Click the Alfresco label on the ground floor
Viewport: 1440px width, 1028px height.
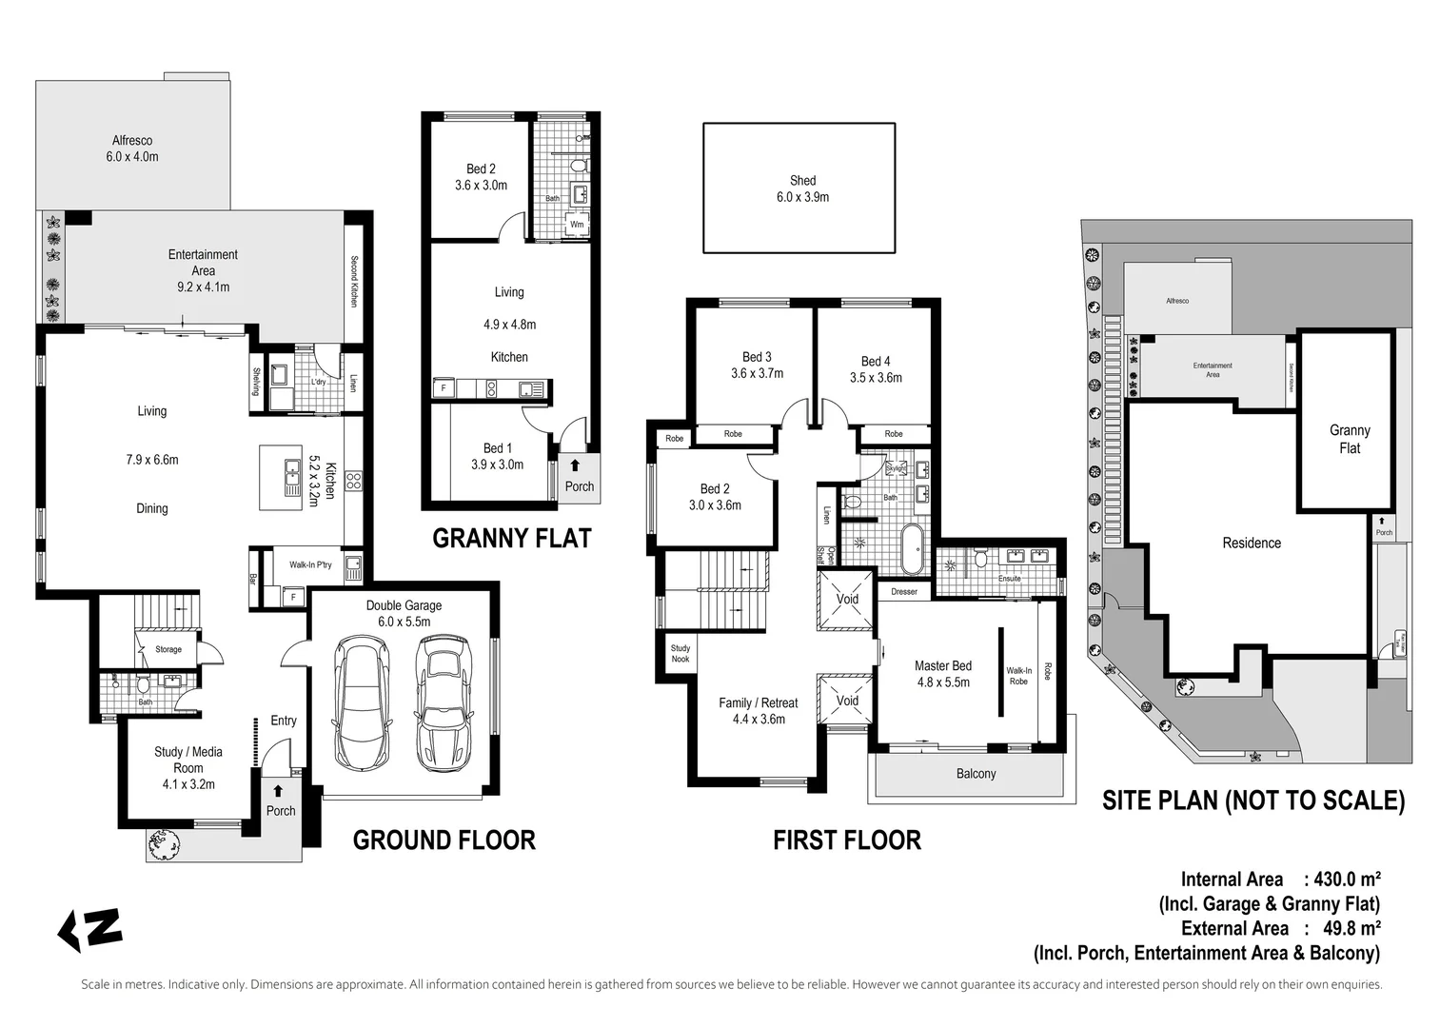pos(132,141)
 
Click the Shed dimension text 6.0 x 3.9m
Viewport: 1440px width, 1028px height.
pos(802,197)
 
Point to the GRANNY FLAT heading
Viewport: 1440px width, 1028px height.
pos(511,539)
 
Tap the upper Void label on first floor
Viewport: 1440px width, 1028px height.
pos(847,599)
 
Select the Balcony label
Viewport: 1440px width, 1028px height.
pos(976,773)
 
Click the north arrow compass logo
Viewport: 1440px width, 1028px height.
pos(90,930)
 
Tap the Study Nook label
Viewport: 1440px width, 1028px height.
pos(680,654)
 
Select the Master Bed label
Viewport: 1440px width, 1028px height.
pos(942,665)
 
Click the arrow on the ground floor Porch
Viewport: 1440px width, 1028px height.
pos(278,791)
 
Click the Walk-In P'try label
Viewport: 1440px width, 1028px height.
pos(310,565)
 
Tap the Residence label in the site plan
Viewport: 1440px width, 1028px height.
pos(1251,543)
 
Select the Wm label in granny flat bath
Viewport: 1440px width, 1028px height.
pos(577,225)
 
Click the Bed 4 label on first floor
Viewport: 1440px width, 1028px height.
pos(875,361)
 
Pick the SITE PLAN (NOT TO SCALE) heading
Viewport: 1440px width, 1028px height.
pos(1253,801)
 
